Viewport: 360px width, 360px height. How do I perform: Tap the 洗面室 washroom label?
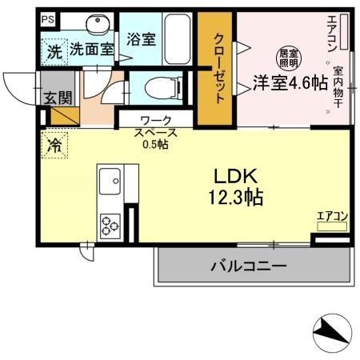pos(91,49)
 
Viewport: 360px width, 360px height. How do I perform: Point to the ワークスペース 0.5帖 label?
pos(155,132)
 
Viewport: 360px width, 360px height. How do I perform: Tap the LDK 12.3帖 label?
pos(238,185)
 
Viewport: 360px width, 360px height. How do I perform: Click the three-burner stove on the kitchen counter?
pos(109,225)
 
